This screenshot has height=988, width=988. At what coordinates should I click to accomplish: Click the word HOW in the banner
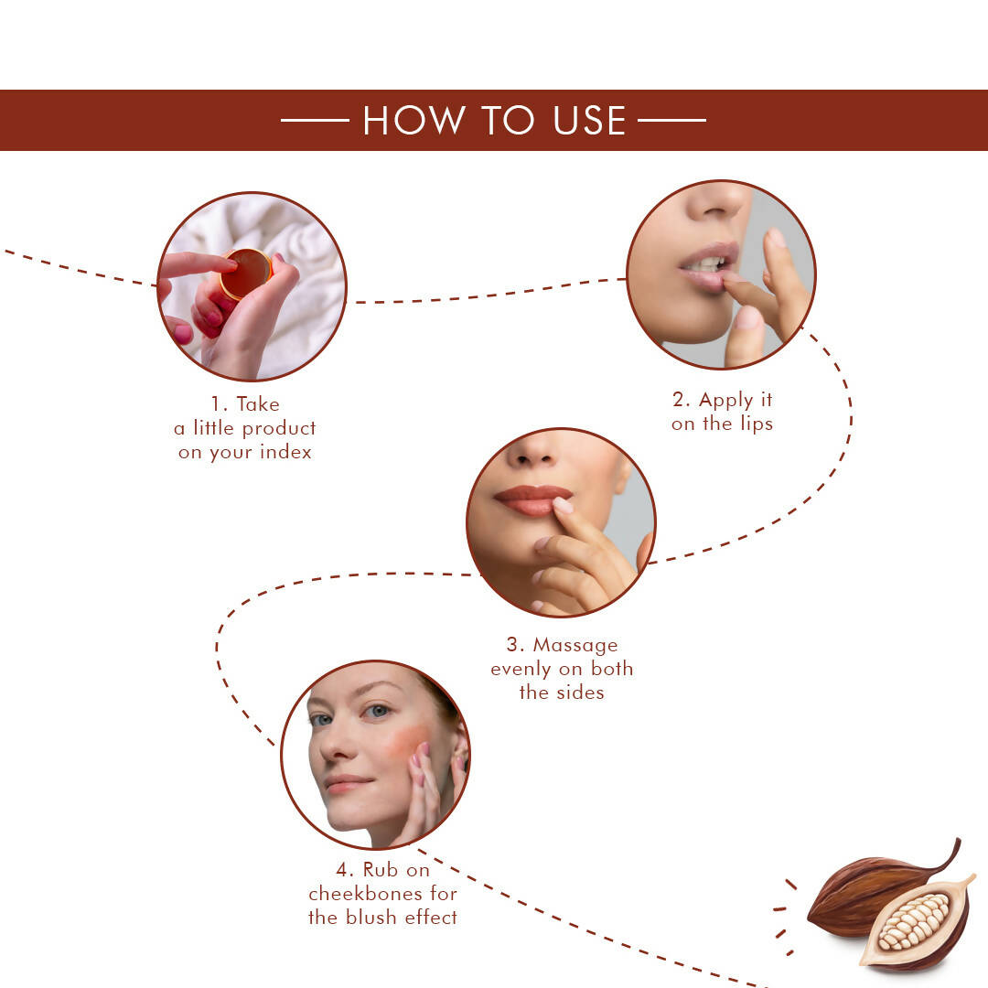coord(402,121)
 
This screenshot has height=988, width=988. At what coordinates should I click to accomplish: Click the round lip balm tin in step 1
coord(246,274)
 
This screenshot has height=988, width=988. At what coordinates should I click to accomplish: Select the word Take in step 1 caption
coord(258,404)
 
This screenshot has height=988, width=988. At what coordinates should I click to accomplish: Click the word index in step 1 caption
coord(285,452)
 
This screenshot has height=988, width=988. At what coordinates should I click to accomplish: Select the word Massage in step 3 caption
coord(575,645)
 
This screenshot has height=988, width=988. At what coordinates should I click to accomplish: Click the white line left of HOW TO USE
coord(315,120)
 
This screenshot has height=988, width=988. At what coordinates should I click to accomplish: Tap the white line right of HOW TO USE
coord(671,120)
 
